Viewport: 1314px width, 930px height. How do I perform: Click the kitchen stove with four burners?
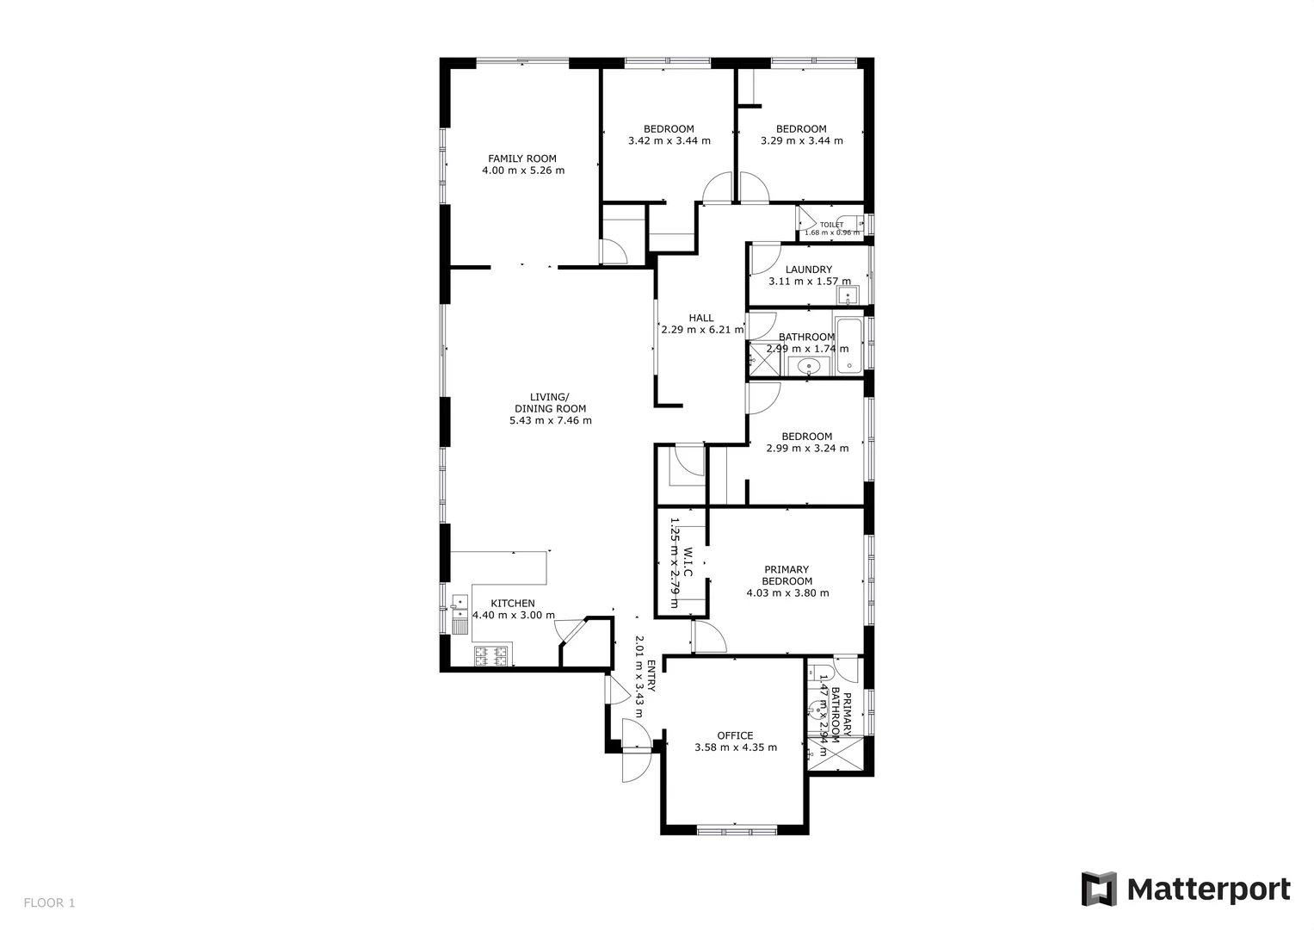pyautogui.click(x=492, y=656)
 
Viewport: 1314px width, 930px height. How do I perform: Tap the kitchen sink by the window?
pyautogui.click(x=460, y=614)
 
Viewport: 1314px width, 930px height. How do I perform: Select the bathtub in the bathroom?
pyautogui.click(x=848, y=347)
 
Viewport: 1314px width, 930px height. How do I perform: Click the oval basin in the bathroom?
pyautogui.click(x=807, y=368)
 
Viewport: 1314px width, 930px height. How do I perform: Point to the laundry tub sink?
pyautogui.click(x=848, y=298)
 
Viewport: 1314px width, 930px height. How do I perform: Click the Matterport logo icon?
pyautogui.click(x=1099, y=890)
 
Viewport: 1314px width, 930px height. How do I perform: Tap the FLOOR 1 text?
pyautogui.click(x=49, y=903)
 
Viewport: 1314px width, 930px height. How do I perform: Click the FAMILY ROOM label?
pyautogui.click(x=522, y=158)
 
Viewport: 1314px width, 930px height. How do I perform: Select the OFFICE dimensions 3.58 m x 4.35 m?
pyautogui.click(x=735, y=747)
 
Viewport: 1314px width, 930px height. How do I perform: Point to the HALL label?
pyautogui.click(x=701, y=318)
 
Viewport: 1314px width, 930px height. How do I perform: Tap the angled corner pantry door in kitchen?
pyautogui.click(x=570, y=630)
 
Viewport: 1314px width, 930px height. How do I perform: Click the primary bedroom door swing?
pyautogui.click(x=709, y=637)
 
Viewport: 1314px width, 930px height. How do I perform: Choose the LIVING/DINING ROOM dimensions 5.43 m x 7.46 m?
pyautogui.click(x=550, y=421)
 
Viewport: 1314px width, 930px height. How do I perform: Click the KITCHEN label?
pyautogui.click(x=513, y=604)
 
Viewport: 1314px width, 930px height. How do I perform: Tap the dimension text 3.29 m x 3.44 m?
pyautogui.click(x=801, y=140)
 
